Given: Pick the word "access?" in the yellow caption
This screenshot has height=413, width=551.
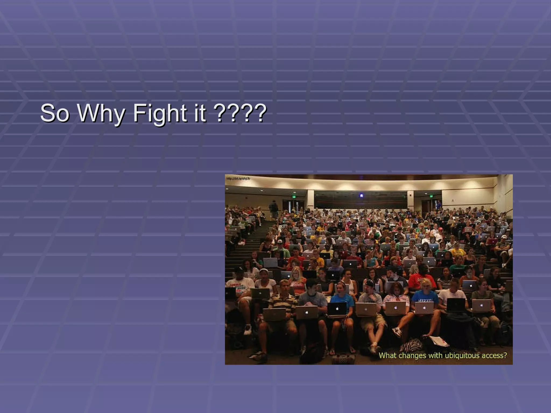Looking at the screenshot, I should (495, 355).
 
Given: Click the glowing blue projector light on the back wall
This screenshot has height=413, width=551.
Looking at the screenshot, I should (362, 195).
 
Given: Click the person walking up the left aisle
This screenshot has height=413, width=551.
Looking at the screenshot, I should (273, 208).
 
